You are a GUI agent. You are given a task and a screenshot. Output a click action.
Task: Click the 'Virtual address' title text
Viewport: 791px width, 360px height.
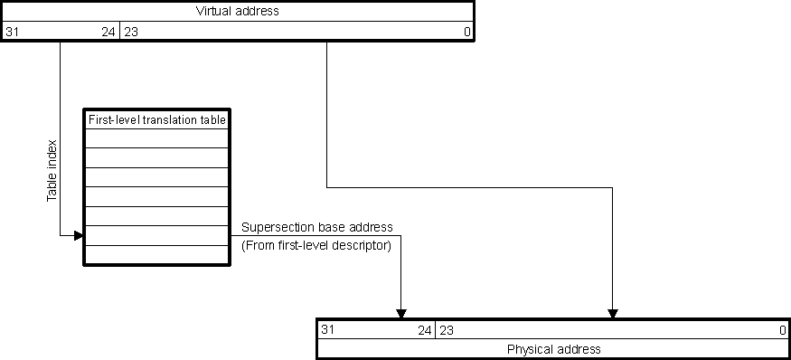click(236, 12)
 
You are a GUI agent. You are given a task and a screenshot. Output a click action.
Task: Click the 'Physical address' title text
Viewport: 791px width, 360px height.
click(553, 349)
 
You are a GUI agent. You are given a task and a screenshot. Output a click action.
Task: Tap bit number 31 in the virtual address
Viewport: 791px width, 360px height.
click(12, 33)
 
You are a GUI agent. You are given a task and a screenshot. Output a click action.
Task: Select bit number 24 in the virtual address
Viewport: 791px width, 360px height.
click(108, 33)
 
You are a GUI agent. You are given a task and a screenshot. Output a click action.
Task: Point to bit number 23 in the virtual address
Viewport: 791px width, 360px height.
click(130, 33)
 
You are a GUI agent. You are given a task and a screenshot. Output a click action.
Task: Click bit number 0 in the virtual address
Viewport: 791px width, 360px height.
click(466, 33)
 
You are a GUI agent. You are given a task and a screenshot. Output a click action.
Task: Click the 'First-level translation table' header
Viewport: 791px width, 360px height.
click(156, 119)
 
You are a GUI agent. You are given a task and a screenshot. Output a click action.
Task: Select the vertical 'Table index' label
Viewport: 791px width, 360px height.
click(52, 170)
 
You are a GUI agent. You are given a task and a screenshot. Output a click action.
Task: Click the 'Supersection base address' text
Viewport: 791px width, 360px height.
click(316, 227)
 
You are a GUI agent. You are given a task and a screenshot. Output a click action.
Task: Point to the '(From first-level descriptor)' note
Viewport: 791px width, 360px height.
click(315, 245)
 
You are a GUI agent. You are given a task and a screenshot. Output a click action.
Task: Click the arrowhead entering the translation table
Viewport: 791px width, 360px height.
click(79, 236)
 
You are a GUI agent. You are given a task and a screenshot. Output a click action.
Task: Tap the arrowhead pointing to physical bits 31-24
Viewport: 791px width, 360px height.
click(401, 314)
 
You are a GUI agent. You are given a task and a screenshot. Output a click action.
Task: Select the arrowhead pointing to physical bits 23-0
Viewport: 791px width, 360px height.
click(613, 314)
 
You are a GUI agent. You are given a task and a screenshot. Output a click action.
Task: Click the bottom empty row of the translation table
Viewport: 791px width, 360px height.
click(156, 254)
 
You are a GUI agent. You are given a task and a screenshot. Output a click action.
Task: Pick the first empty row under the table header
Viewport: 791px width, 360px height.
click(156, 138)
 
